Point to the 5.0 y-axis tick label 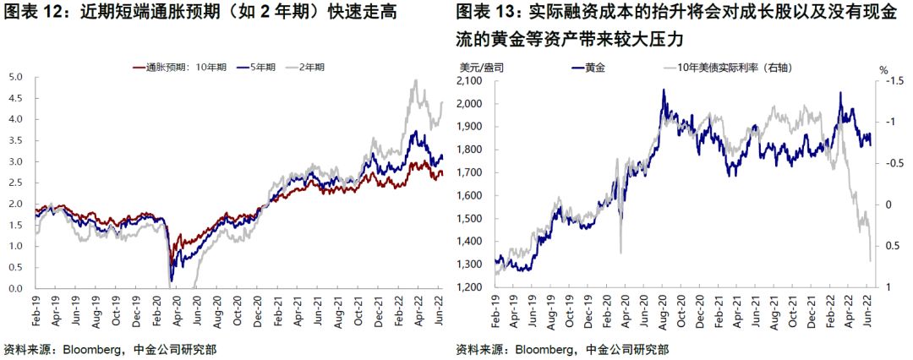click(15, 76)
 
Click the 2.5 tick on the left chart click(15, 183)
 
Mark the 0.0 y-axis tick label click(15, 288)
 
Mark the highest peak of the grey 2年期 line click(414, 80)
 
